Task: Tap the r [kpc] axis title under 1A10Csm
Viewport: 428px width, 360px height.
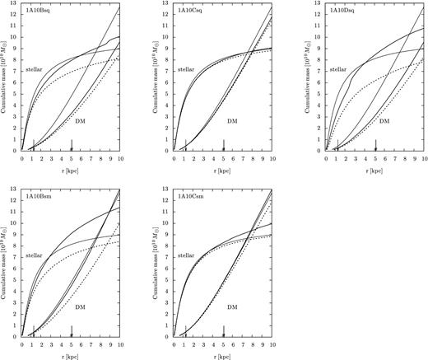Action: click(x=223, y=354)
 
